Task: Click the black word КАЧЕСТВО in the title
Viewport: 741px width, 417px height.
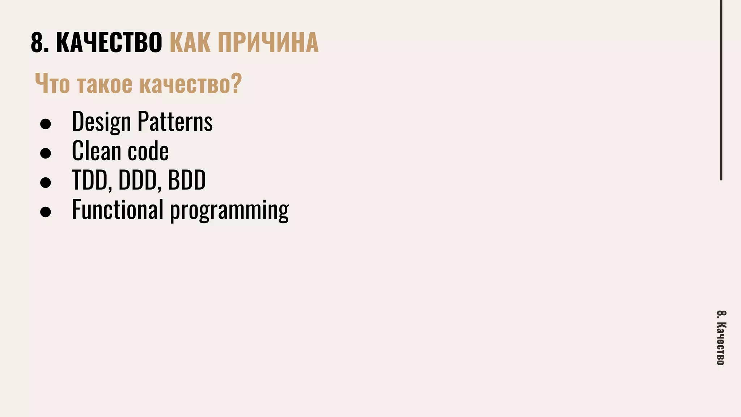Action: pyautogui.click(x=109, y=43)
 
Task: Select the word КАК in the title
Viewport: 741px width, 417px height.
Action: pyautogui.click(x=190, y=43)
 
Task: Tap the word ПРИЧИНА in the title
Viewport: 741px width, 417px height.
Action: pyautogui.click(x=268, y=43)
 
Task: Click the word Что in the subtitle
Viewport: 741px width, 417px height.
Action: pyautogui.click(x=52, y=84)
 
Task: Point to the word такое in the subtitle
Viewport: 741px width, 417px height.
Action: pyautogui.click(x=105, y=84)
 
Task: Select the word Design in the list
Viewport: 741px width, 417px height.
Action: pyautogui.click(x=101, y=122)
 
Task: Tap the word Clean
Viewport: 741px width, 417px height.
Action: pyautogui.click(x=96, y=151)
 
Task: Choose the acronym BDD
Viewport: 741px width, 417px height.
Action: pyautogui.click(x=187, y=180)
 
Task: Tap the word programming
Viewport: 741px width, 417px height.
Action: pyautogui.click(x=229, y=210)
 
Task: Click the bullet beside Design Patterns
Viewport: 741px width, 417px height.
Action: pyautogui.click(x=46, y=124)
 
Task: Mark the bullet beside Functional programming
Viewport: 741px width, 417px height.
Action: pyautogui.click(x=46, y=212)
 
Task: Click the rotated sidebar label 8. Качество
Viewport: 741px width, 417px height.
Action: pyautogui.click(x=720, y=338)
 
